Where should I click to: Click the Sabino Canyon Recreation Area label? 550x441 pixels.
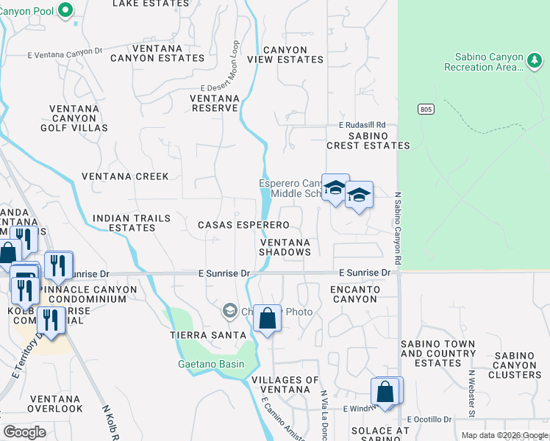484,62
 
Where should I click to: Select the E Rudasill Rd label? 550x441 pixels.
362,125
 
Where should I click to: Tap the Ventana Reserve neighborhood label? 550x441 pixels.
214,103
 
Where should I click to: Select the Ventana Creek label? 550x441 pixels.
125,176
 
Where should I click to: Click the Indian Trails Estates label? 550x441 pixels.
132,223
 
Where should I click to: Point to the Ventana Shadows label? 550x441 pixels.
285,247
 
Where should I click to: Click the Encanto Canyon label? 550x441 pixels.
354,294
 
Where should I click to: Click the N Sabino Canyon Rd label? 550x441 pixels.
397,228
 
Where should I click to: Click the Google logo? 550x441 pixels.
24,432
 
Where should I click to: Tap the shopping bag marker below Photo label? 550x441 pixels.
268,319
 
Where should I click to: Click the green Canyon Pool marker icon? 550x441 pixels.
65,10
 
